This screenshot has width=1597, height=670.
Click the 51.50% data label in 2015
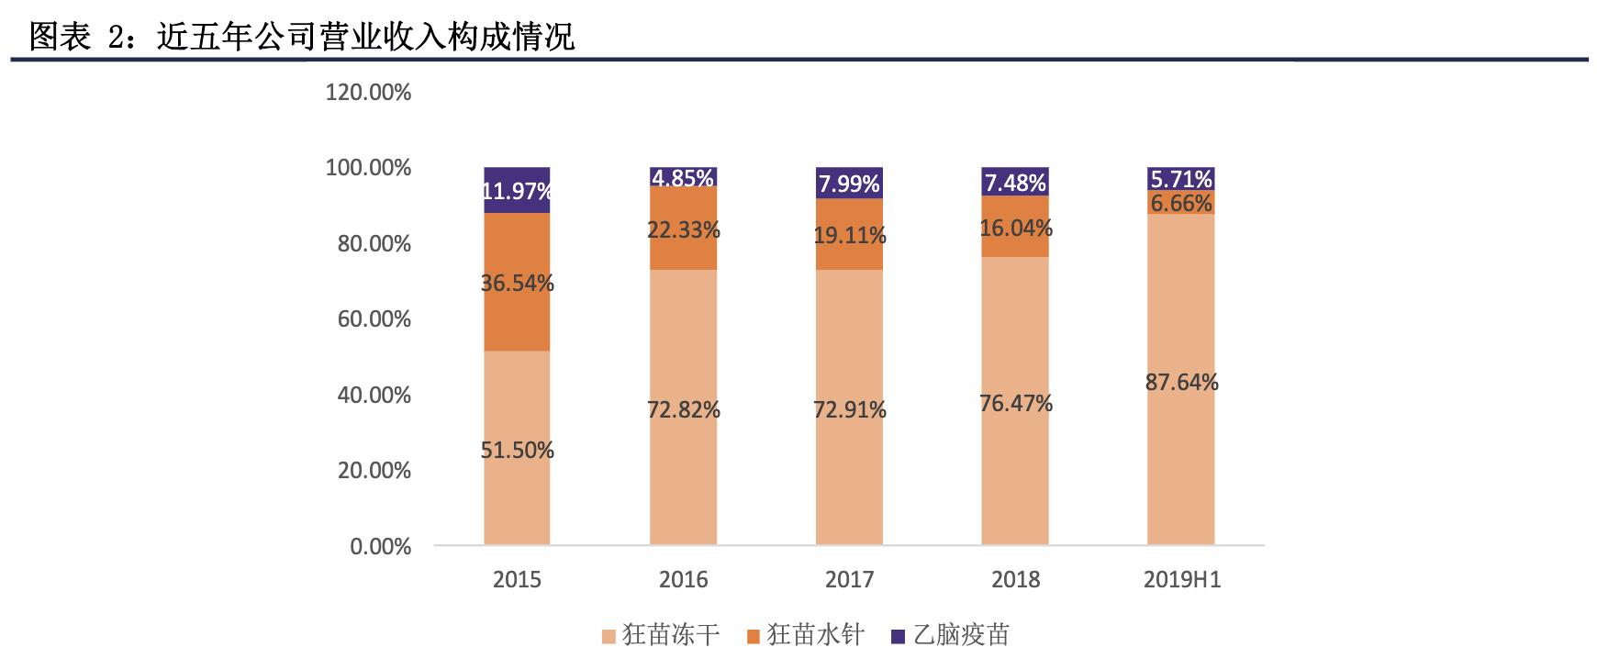click(517, 451)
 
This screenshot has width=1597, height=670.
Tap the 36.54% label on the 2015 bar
click(517, 283)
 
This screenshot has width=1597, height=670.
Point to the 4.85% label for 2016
click(683, 177)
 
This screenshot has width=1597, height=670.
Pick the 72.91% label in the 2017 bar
click(849, 409)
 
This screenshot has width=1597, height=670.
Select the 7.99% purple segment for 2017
click(849, 184)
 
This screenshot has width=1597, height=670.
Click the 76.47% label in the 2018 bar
click(1015, 403)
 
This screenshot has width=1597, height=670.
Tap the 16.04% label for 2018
click(1015, 228)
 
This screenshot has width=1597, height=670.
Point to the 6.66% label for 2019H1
click(1181, 203)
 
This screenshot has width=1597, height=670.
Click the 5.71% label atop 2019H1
click(1181, 179)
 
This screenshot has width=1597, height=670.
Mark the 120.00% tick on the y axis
click(368, 92)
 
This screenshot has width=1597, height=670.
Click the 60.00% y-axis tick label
click(368, 319)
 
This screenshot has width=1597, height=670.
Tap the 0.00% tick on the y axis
click(380, 546)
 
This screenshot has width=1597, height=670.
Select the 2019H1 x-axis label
click(1181, 580)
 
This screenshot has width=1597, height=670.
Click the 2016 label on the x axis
click(683, 580)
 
